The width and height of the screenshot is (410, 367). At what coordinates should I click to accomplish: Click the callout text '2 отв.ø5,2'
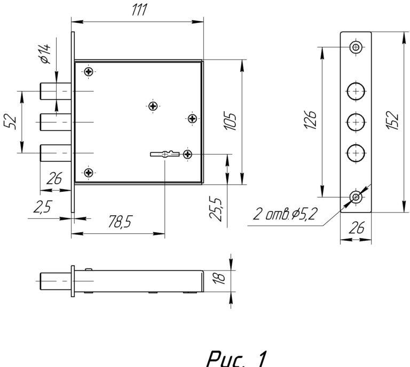click(285, 215)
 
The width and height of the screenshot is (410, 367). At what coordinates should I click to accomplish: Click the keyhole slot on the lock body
click(166, 154)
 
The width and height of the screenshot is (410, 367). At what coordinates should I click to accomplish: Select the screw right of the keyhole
click(188, 154)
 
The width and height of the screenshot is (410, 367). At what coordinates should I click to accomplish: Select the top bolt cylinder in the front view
click(54, 92)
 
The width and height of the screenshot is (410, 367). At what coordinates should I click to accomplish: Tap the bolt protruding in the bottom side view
click(56, 280)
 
